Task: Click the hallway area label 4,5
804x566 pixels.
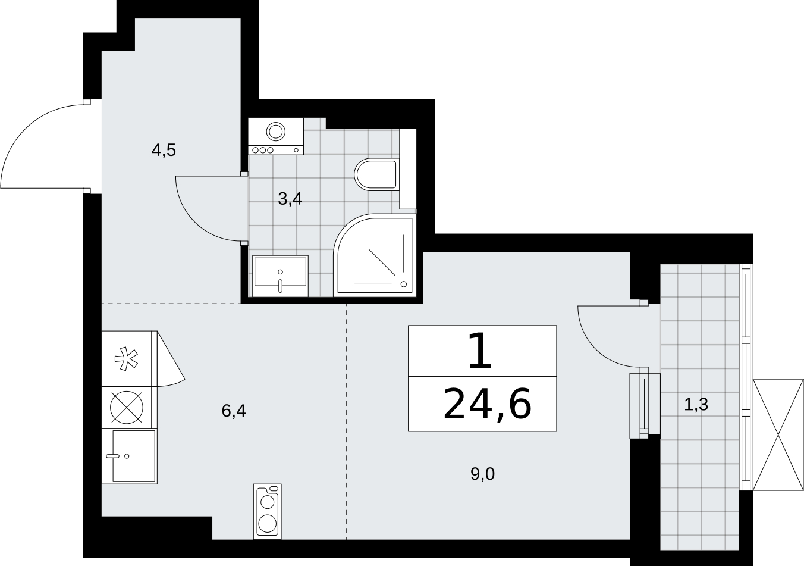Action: click(164, 150)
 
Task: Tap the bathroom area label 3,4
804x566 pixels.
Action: click(290, 199)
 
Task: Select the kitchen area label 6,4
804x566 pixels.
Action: click(234, 411)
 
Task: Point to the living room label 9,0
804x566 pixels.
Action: click(483, 474)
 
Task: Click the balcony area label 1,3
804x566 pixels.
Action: click(696, 404)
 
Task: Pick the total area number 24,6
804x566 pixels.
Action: click(488, 404)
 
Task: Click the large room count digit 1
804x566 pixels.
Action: click(480, 351)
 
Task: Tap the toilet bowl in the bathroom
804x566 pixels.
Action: click(376, 174)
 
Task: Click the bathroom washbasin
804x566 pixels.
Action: click(280, 276)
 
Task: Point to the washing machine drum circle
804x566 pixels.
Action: click(276, 131)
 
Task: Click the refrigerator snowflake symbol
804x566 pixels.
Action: click(126, 358)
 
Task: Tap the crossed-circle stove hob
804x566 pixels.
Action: click(127, 407)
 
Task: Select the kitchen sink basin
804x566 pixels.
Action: click(134, 456)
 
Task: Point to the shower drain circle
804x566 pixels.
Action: click(403, 284)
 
